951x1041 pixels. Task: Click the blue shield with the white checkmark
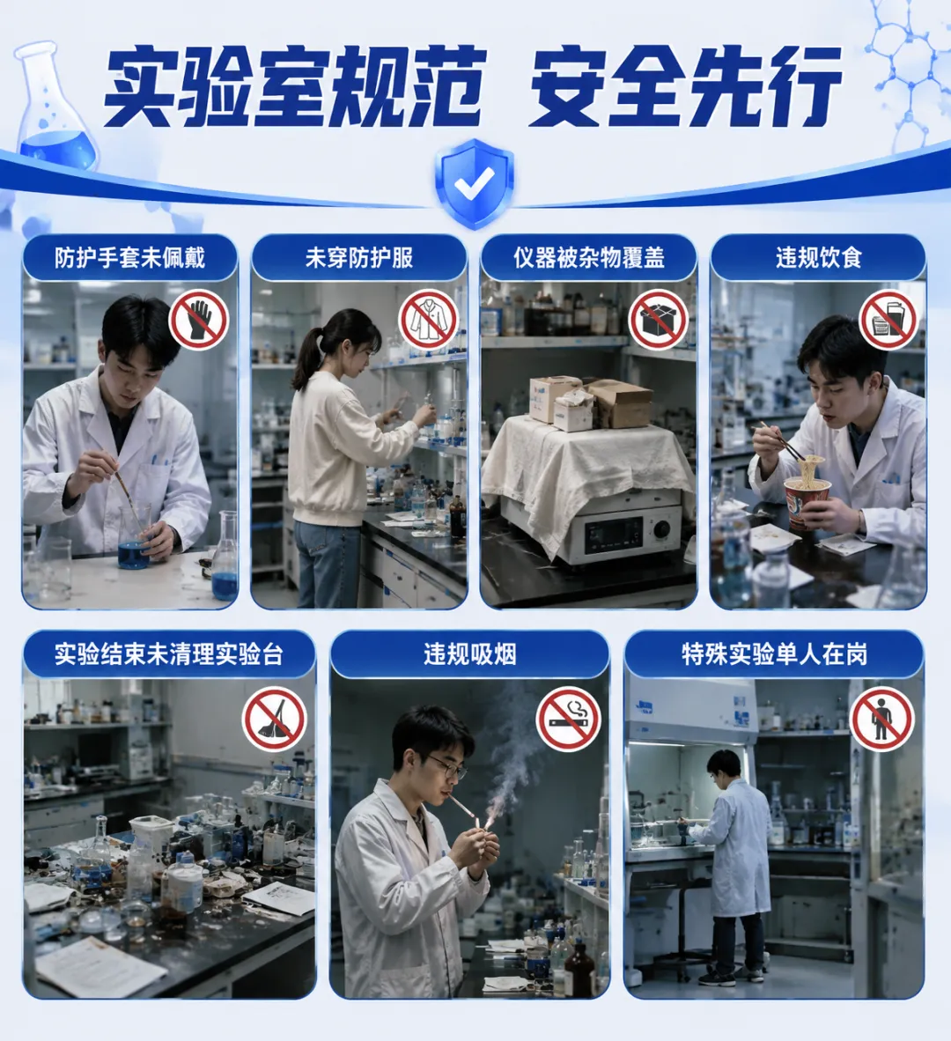tap(475, 182)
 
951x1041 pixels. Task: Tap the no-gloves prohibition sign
tap(198, 320)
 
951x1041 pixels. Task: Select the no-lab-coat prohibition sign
tap(428, 320)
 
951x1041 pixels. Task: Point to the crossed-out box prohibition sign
tap(659, 320)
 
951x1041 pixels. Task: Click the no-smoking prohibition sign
tap(569, 719)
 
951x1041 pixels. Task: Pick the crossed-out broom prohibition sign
tap(274, 719)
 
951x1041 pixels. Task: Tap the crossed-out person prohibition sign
tap(882, 719)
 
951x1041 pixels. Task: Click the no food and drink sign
tap(888, 320)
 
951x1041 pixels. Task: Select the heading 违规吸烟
tap(470, 654)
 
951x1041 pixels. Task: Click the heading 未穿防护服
tap(359, 257)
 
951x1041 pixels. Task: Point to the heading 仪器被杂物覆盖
tap(588, 257)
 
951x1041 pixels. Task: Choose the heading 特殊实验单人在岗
tap(775, 654)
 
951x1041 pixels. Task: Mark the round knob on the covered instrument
tap(661, 529)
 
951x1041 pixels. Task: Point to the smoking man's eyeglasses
tap(447, 767)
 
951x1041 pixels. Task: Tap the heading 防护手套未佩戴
tap(130, 257)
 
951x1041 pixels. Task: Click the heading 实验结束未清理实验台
tap(168, 654)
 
